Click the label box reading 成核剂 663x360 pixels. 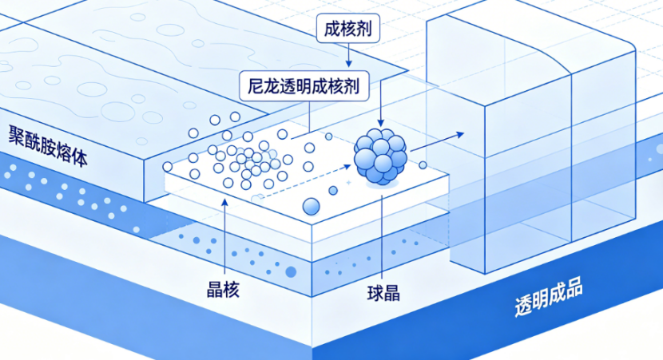pyautogui.click(x=348, y=28)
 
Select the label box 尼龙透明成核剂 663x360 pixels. pyautogui.click(x=304, y=86)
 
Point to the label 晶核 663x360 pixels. pyautogui.click(x=223, y=290)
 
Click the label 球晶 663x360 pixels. pyautogui.click(x=383, y=292)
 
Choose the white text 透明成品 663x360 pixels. pyautogui.click(x=549, y=297)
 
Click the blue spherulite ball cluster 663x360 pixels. pyautogui.click(x=380, y=156)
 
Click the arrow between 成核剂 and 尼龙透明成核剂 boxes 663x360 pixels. pyautogui.click(x=348, y=55)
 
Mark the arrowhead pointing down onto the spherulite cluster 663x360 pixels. pyautogui.click(x=380, y=123)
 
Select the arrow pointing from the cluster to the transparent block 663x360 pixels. pyautogui.click(x=437, y=141)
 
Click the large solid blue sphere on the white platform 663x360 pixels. pyautogui.click(x=312, y=207)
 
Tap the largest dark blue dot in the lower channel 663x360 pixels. pyautogui.click(x=291, y=271)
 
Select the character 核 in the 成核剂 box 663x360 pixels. pyautogui.click(x=348, y=28)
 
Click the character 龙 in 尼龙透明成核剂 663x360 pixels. pyautogui.click(x=272, y=86)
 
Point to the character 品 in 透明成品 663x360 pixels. pyautogui.click(x=574, y=289)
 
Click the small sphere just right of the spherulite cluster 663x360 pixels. pyautogui.click(x=423, y=165)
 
